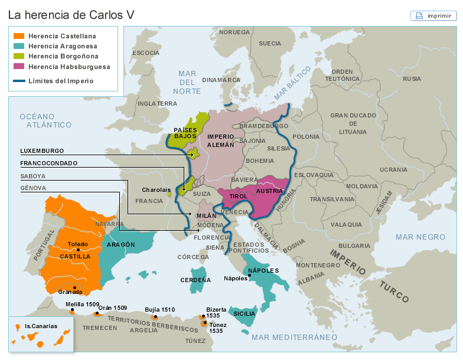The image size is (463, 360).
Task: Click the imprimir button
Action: click(x=433, y=16)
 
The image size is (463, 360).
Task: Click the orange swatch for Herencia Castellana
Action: click(x=19, y=36)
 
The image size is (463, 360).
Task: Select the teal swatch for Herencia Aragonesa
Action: click(x=19, y=46)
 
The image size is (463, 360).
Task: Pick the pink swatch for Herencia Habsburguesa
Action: click(x=19, y=67)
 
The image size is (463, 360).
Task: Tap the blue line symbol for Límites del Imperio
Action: click(x=19, y=81)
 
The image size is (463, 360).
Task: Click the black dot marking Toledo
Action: click(x=78, y=250)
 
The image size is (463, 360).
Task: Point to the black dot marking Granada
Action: click(x=74, y=287)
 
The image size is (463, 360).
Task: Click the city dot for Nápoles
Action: click(x=249, y=276)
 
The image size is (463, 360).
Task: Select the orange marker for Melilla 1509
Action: click(x=72, y=311)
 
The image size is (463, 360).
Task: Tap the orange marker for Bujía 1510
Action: click(x=155, y=317)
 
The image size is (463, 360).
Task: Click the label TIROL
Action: click(x=238, y=195)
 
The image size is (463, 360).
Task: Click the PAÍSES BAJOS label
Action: click(x=185, y=133)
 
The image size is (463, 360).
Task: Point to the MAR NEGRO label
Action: click(x=420, y=237)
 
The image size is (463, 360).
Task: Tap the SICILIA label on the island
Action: click(x=244, y=313)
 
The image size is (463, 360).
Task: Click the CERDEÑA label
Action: click(x=195, y=280)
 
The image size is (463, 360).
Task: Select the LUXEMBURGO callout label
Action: click(x=42, y=150)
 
